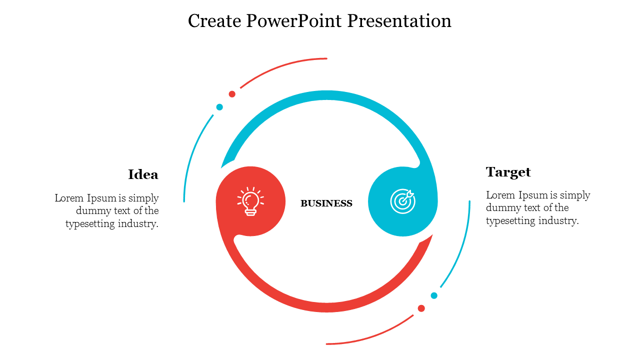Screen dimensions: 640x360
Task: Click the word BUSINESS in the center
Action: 326,203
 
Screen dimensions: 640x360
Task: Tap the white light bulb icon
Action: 250,201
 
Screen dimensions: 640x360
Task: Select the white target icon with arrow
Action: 402,201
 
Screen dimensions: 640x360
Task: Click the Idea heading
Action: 143,174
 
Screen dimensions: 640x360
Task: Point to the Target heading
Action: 508,172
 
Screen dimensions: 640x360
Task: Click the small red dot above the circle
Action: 232,94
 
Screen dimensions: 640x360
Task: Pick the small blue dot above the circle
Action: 219,107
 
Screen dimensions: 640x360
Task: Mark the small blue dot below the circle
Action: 434,295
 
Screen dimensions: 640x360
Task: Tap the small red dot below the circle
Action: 421,308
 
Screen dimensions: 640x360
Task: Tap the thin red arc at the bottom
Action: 370,336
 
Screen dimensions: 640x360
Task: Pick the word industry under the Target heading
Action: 559,220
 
